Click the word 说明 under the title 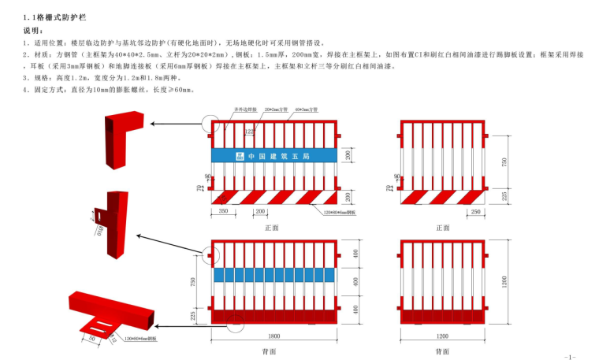pos(33,30)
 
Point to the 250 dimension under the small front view pos(476,212)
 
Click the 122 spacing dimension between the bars pos(249,132)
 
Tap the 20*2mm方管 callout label pos(277,110)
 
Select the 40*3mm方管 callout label pos(307,110)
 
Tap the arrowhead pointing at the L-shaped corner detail pos(153,124)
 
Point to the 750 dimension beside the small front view pos(505,161)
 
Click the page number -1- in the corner pos(571,355)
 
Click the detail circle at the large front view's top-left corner pos(211,123)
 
